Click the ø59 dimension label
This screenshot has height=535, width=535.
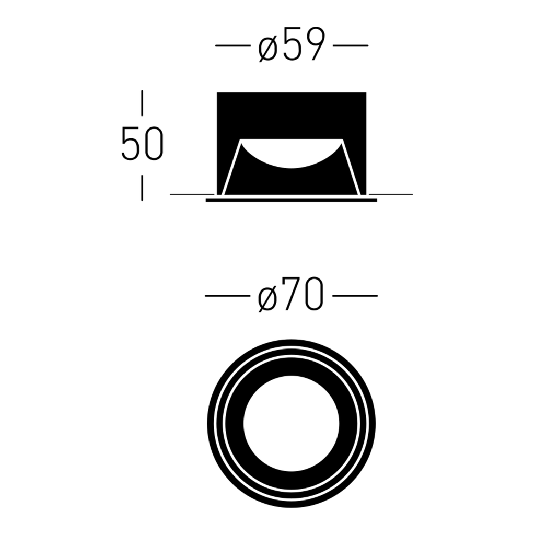click(x=290, y=45)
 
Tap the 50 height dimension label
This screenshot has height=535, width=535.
click(x=142, y=144)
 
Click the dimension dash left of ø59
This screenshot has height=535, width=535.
click(x=232, y=45)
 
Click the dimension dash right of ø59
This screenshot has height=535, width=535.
click(x=351, y=45)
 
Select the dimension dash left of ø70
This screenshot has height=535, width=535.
click(x=227, y=296)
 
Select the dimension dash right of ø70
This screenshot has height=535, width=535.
click(x=355, y=296)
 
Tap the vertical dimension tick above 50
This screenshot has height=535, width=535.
click(x=142, y=103)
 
